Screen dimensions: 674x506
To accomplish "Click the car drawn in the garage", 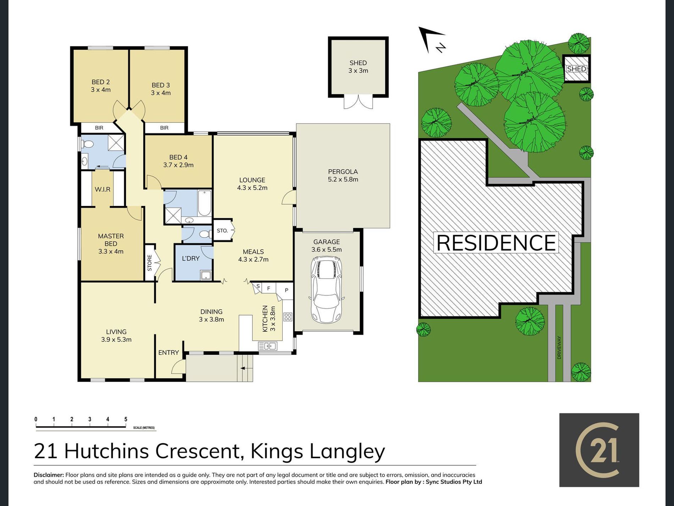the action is [326, 290].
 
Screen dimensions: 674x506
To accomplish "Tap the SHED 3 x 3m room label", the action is [358, 67].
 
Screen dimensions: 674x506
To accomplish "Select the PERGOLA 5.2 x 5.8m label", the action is [343, 175].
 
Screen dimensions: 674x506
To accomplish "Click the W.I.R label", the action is [103, 189].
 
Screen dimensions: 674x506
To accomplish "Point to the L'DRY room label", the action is [191, 258].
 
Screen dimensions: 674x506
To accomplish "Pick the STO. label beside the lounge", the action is [222, 230].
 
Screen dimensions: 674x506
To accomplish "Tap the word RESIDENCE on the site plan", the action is [496, 243].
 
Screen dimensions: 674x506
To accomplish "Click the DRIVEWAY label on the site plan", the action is [559, 348].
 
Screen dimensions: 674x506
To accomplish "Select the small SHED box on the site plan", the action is [576, 69].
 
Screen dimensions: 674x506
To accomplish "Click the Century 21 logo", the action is [599, 450].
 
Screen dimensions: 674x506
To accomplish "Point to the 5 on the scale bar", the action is [126, 419].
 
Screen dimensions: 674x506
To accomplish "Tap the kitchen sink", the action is [267, 346].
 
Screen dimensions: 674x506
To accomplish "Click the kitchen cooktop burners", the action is [288, 317].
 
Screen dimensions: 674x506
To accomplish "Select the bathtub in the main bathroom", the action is [204, 203].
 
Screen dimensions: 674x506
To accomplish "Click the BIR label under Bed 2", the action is [99, 128].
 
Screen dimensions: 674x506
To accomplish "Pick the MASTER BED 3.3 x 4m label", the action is [111, 244].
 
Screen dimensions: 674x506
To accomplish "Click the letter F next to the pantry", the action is [269, 288].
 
